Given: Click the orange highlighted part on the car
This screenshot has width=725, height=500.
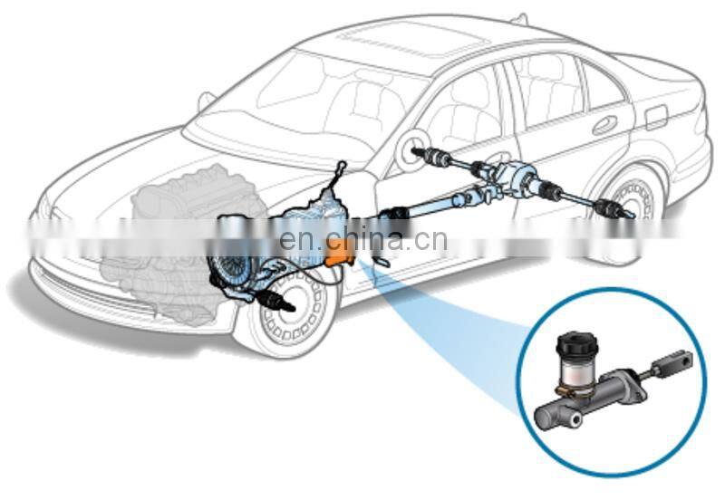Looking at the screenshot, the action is coord(342,250).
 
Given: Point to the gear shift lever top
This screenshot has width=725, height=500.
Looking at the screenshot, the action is coord(341,165).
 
